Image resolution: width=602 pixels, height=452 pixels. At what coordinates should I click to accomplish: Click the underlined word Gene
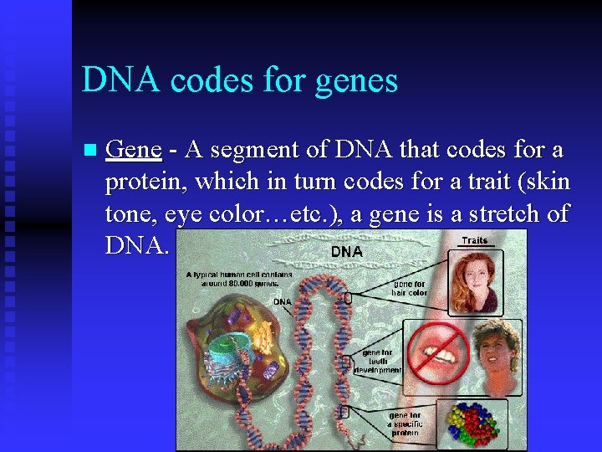(134, 150)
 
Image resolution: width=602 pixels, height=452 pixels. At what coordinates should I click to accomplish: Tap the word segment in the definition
(252, 151)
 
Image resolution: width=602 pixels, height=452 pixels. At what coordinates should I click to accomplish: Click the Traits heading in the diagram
(474, 240)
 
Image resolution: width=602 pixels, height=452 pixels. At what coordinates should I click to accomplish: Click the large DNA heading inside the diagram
(346, 250)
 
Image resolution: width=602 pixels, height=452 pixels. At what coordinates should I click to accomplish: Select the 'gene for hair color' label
(408, 288)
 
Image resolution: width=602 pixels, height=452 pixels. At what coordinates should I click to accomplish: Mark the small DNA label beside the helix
(282, 300)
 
